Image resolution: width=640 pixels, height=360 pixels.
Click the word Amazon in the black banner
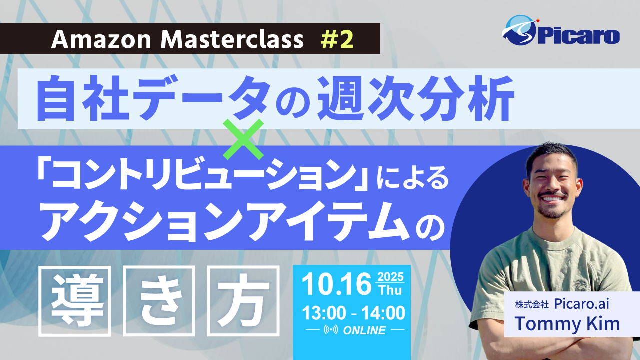(101, 39)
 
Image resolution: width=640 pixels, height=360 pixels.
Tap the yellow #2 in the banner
(337, 39)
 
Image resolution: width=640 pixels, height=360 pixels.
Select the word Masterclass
(232, 39)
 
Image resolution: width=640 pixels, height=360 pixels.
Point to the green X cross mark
(243, 139)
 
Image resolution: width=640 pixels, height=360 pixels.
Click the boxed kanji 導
(75, 301)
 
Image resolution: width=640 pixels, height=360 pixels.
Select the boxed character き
(159, 301)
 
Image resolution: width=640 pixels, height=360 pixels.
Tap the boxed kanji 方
(243, 301)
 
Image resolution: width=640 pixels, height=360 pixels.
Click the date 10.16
(336, 284)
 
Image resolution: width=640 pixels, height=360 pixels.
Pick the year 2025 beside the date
(390, 277)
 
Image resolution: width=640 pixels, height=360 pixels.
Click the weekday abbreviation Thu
(390, 290)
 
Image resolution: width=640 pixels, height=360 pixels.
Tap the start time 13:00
(324, 313)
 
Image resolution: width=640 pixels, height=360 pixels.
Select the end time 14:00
(383, 313)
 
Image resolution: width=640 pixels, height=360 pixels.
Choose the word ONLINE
(364, 330)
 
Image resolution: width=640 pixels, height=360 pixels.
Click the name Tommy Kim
(567, 323)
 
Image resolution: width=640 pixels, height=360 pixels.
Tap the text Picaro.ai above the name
(581, 304)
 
